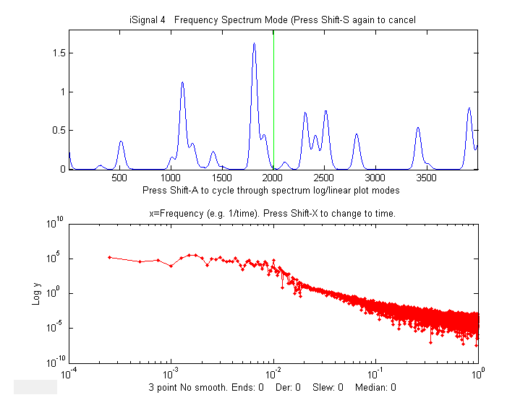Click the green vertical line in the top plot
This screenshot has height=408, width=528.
point(273,101)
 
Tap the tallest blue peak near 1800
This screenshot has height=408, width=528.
point(254,45)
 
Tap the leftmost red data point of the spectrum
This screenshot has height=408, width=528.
point(109,257)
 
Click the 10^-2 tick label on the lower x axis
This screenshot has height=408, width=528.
point(274,374)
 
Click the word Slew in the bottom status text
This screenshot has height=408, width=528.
point(323,388)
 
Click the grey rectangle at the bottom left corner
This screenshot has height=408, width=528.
point(35,386)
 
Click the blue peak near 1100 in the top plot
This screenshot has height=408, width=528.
point(182,83)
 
